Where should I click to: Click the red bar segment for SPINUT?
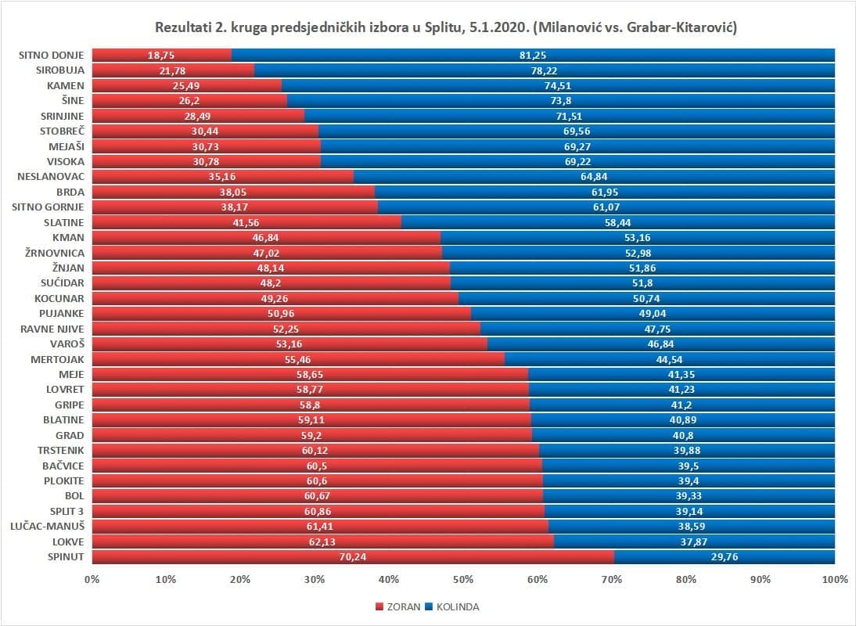pos(352,557)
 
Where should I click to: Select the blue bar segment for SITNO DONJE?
pos(532,55)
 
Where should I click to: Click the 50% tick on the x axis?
pos(463,580)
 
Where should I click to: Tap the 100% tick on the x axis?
pos(835,580)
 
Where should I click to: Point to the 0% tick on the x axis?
pos(92,580)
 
